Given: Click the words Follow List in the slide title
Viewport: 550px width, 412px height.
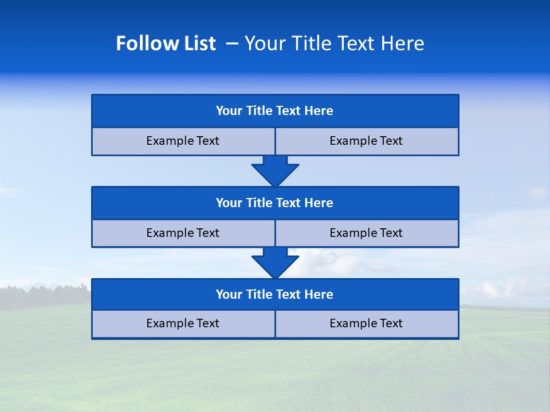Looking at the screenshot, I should coord(166,43).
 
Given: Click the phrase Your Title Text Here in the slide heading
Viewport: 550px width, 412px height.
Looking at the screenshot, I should coord(334,43).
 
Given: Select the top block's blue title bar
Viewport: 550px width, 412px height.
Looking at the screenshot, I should coord(275,111).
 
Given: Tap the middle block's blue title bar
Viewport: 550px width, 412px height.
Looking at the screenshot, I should coord(275,203).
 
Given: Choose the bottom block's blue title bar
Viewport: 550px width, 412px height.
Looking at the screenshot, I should coord(275,295).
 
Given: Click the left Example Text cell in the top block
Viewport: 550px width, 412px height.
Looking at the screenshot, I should coord(183,141).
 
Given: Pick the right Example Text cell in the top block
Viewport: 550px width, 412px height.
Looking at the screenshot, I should coord(367,141).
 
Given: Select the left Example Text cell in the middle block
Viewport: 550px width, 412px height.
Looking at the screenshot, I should coord(183,233).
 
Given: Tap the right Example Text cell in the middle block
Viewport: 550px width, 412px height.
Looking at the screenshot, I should coord(367,233).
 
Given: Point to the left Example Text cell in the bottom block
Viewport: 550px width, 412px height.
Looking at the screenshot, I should coord(183,324).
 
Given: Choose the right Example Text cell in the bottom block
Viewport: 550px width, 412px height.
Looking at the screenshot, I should coord(367,324).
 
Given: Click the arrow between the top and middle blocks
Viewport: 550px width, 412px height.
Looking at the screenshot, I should coord(275,171).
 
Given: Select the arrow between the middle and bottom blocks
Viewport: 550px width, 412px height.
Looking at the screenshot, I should coord(275,263).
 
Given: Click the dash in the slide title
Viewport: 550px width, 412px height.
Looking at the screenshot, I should coord(232,43).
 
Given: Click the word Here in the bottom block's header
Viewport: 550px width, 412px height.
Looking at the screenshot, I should coord(319,295).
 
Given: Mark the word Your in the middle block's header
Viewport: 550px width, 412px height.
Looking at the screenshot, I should coord(229,203).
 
